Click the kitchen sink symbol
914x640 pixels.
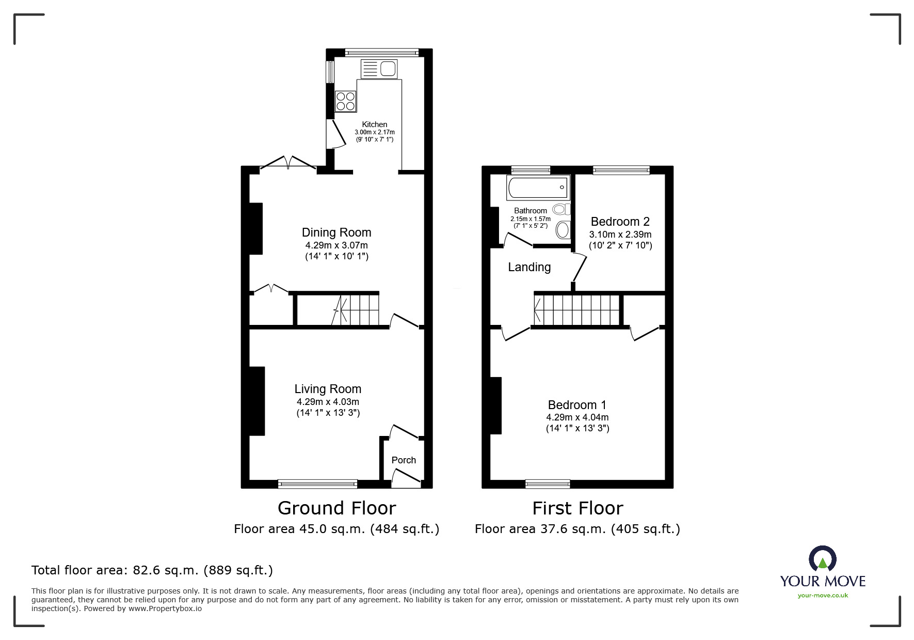click(379, 68)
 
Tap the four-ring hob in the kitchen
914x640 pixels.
click(345, 101)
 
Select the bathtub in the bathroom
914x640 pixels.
click(538, 188)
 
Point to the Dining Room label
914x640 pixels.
click(336, 232)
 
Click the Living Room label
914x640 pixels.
click(328, 389)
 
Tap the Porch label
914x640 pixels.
click(404, 460)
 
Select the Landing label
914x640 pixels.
click(529, 267)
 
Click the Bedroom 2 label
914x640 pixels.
click(620, 222)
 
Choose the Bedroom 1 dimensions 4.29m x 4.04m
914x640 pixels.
click(577, 417)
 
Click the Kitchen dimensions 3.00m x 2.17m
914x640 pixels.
click(374, 132)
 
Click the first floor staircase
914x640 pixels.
click(577, 310)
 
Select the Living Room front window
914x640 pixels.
click(317, 484)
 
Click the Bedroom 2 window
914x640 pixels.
click(621, 170)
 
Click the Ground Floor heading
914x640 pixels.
click(336, 508)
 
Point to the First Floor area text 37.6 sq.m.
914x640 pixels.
click(577, 529)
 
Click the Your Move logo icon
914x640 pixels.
click(822, 559)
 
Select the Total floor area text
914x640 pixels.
click(152, 570)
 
